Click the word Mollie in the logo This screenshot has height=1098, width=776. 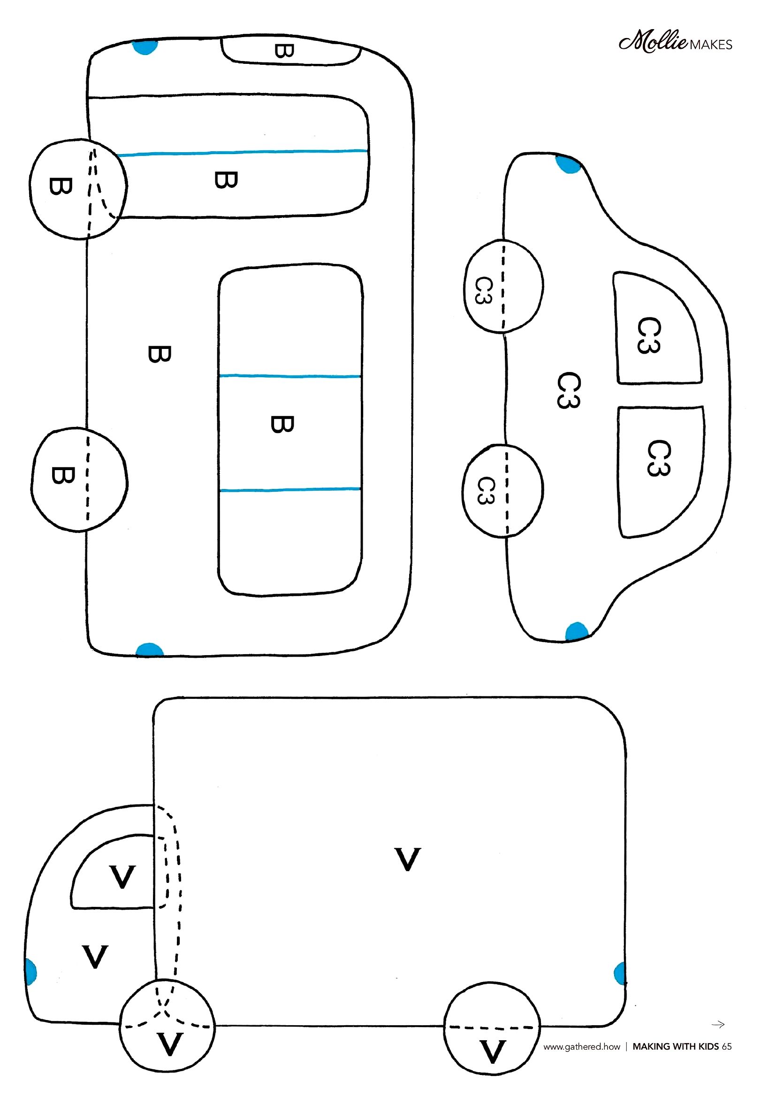point(653,42)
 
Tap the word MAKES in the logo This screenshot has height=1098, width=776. point(711,45)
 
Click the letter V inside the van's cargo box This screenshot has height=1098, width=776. point(408,859)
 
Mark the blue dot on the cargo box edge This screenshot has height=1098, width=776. point(620,974)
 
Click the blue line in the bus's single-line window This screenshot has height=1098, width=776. point(243,153)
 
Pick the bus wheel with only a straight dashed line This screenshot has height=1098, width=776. point(79,479)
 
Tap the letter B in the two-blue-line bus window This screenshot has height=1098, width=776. point(282,424)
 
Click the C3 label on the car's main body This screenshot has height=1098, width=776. point(569,391)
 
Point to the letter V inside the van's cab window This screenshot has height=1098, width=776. point(122,876)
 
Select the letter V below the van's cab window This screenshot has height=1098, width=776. point(95,957)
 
